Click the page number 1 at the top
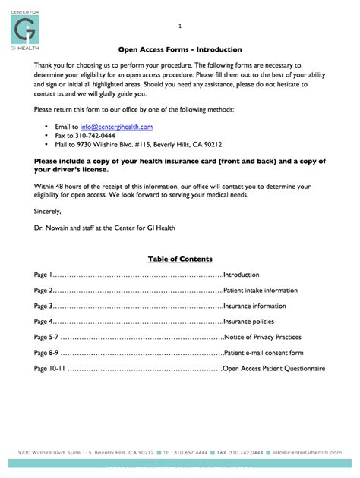point(179,27)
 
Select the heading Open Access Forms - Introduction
point(179,49)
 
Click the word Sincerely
point(48,210)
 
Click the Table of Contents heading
point(180,259)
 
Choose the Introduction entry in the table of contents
point(241,275)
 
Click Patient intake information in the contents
point(261,291)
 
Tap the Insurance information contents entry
point(254,306)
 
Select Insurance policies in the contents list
point(248,322)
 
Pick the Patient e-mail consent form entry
point(264,353)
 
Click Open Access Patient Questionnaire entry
point(273,368)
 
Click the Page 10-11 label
point(49,368)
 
